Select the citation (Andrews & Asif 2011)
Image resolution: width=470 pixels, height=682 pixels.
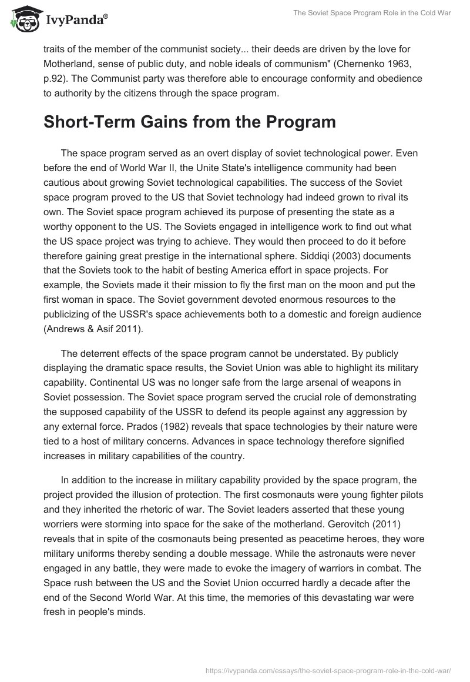(93, 330)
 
